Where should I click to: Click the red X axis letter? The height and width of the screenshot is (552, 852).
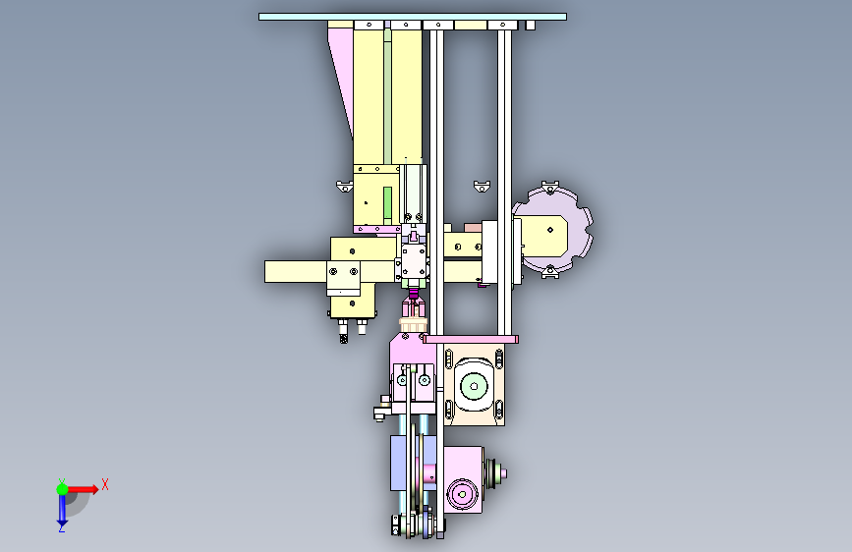105,484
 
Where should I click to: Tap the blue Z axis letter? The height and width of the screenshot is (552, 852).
62,527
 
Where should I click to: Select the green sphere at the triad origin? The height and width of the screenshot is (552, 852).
63,489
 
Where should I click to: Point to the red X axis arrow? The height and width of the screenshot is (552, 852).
83,489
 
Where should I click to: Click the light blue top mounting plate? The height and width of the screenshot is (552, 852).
413,17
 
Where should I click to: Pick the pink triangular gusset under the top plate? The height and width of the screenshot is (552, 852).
341,76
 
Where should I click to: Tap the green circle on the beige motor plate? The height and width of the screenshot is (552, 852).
474,386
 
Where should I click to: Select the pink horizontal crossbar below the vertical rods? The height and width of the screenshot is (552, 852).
471,340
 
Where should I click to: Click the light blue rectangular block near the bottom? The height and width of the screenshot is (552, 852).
402,463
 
